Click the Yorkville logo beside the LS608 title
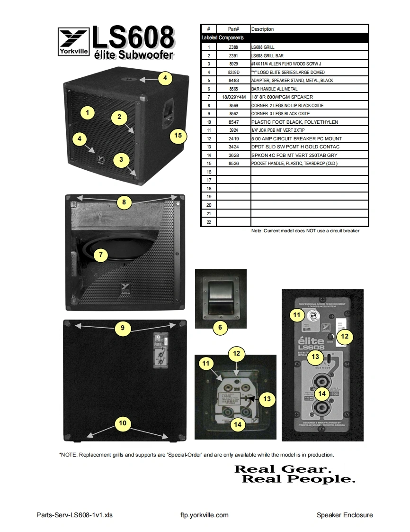click(x=73, y=42)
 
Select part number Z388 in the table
click(x=233, y=47)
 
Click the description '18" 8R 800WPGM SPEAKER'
click(x=282, y=97)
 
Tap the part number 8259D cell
click(x=233, y=72)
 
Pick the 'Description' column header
click(x=262, y=29)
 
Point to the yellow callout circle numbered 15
click(x=178, y=136)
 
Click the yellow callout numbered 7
click(x=100, y=255)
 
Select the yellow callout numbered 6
click(x=220, y=327)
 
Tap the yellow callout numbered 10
click(x=123, y=423)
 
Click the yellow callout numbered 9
click(x=123, y=327)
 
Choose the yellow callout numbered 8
click(x=124, y=202)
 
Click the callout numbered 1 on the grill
click(x=87, y=113)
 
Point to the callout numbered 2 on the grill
click(x=119, y=117)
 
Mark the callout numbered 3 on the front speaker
click(x=121, y=160)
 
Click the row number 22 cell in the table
click(x=208, y=222)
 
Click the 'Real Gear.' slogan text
click(x=281, y=469)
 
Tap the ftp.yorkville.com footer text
click(x=205, y=515)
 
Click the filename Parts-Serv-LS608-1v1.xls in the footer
click(x=74, y=515)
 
